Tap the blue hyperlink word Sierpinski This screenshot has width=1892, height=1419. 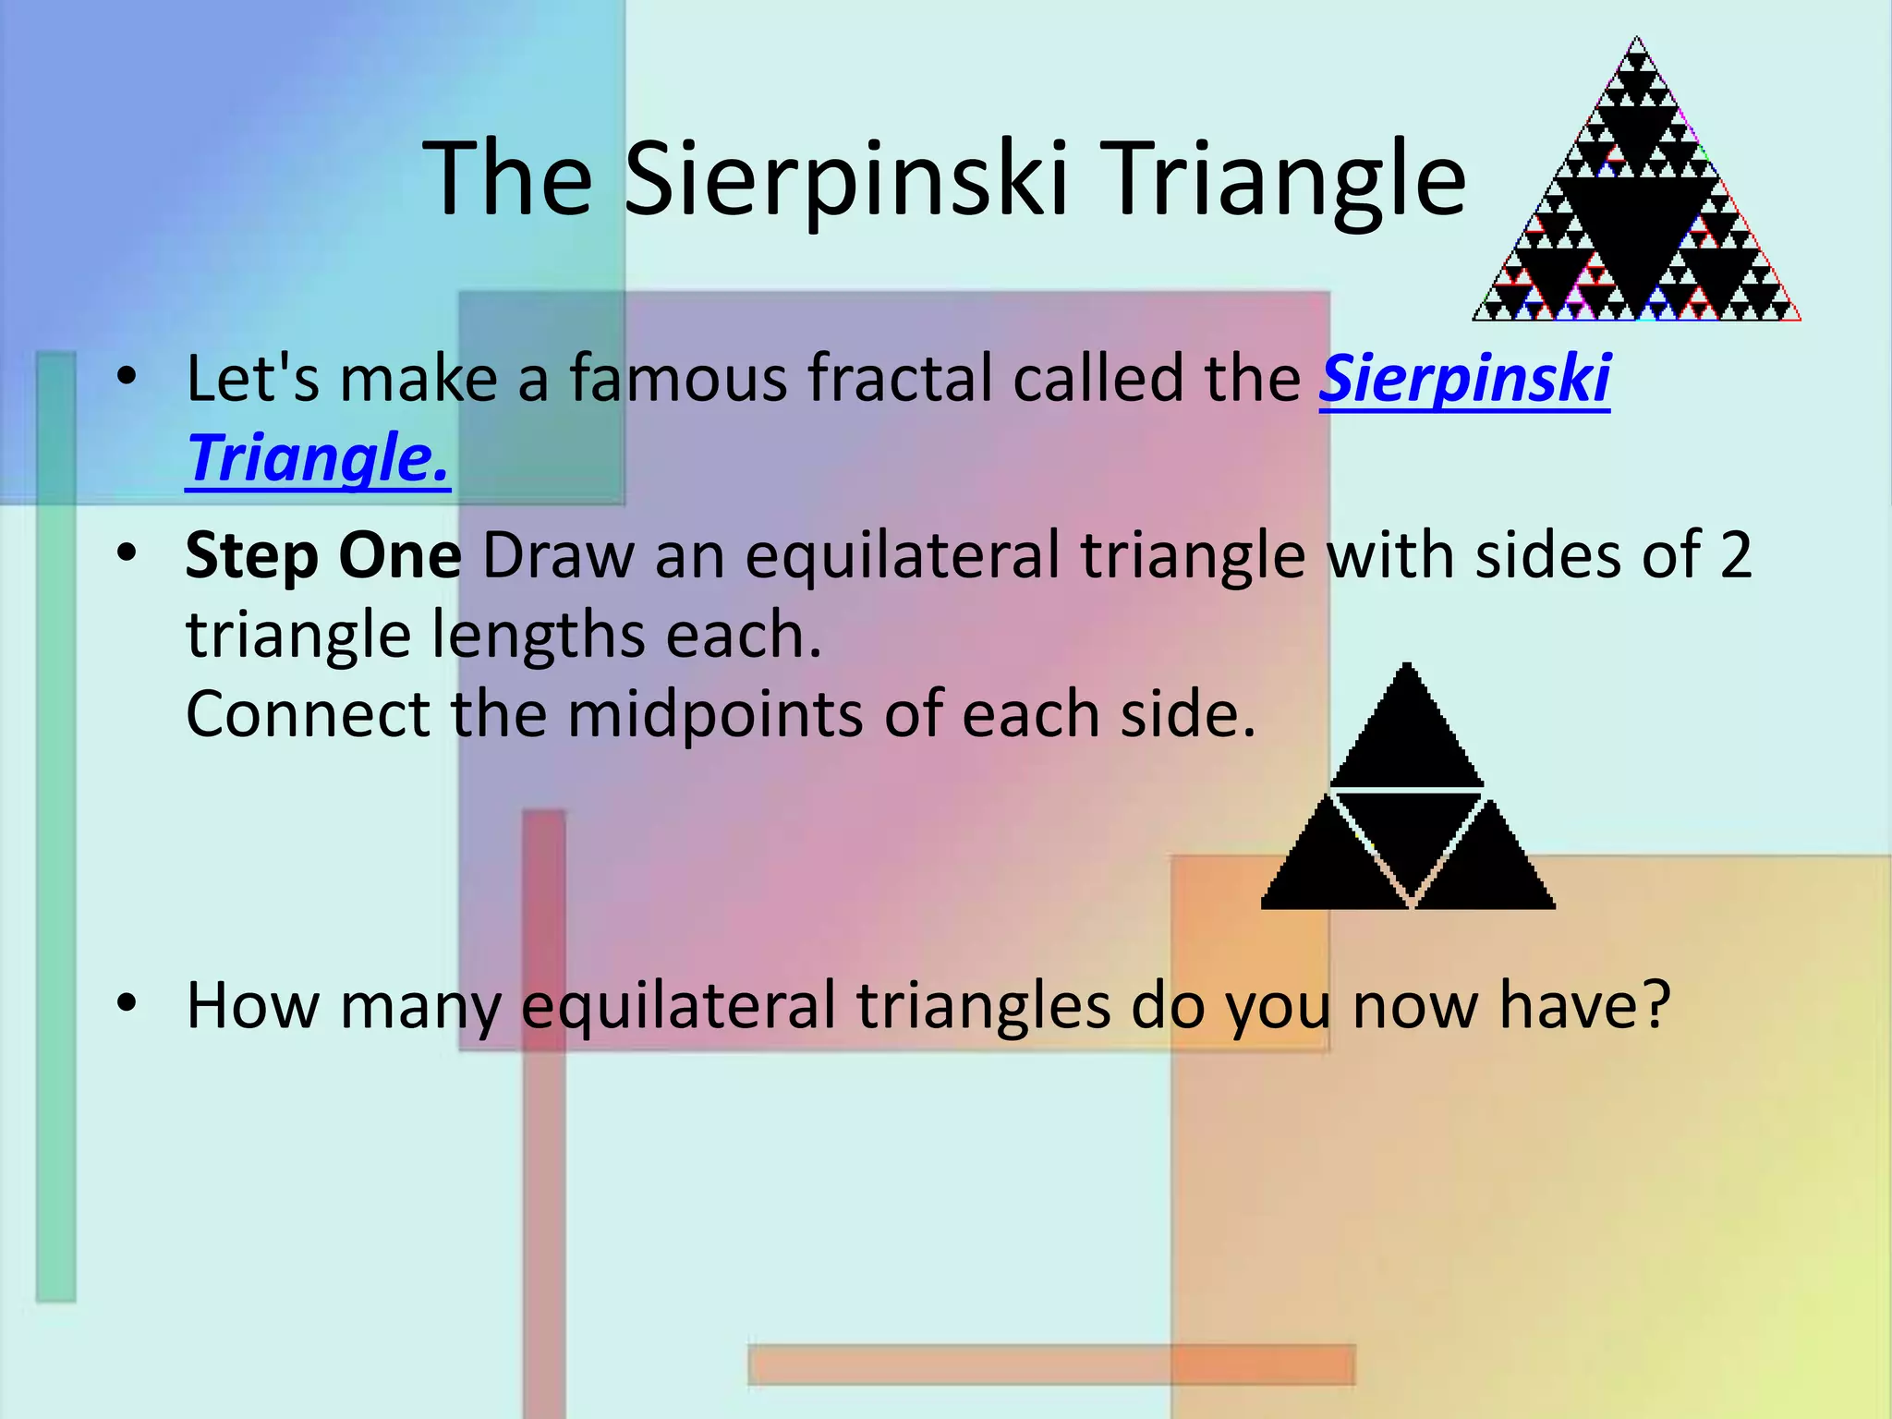(x=1464, y=379)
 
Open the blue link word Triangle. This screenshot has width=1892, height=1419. (x=317, y=458)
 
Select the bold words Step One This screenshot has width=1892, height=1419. (x=322, y=556)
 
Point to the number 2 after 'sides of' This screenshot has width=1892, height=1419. (x=1735, y=556)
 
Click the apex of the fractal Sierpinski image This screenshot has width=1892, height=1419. (x=1637, y=42)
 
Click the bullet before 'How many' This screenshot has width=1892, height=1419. (x=127, y=1002)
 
